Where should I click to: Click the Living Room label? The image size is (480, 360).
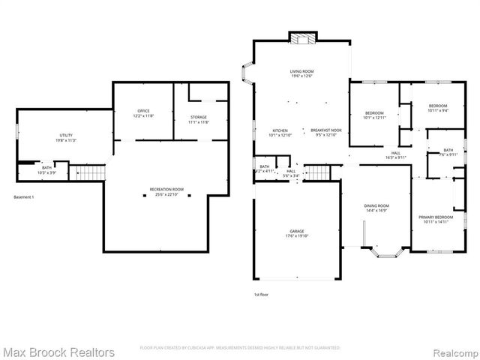pyautogui.click(x=301, y=73)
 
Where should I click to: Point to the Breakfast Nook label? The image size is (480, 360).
pyautogui.click(x=326, y=130)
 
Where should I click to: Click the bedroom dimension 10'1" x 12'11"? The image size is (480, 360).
pyautogui.click(x=374, y=118)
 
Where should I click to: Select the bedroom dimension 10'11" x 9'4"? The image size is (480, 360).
pyautogui.click(x=438, y=110)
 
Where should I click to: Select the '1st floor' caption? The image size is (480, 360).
pyautogui.click(x=262, y=295)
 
